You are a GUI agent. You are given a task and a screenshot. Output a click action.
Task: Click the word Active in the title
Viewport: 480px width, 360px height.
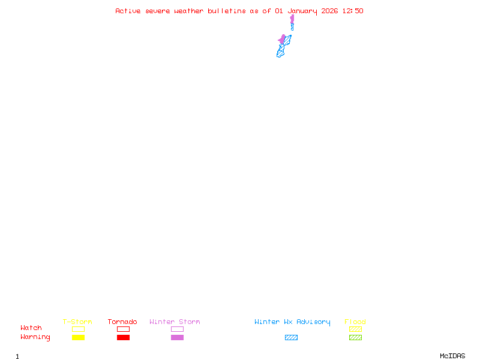[x=128, y=11]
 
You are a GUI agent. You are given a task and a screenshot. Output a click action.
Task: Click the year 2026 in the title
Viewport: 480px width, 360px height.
[x=329, y=11]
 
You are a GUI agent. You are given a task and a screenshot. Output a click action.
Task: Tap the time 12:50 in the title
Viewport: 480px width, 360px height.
[x=353, y=11]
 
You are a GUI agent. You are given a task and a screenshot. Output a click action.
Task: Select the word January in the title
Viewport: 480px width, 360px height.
[x=302, y=11]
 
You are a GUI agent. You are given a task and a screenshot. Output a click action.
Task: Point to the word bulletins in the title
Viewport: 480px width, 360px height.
[x=227, y=11]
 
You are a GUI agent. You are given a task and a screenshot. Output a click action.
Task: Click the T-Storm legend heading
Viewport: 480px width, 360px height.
[x=77, y=322]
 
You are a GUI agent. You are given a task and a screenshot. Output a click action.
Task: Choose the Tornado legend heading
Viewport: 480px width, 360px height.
[x=122, y=322]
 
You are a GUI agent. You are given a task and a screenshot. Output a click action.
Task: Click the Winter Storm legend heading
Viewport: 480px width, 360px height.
[x=175, y=322]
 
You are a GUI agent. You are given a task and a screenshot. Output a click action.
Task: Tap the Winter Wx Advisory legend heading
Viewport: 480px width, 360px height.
[x=292, y=322]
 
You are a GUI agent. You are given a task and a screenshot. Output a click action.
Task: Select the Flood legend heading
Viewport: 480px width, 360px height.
[x=355, y=322]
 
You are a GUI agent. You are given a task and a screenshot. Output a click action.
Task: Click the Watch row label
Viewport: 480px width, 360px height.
[x=31, y=328]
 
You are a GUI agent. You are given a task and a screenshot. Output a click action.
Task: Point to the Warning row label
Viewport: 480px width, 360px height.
[x=35, y=337]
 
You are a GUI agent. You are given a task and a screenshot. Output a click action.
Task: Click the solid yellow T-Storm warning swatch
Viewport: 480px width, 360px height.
[x=79, y=337]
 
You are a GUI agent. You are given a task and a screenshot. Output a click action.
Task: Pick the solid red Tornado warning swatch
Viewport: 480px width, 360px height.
[x=124, y=337]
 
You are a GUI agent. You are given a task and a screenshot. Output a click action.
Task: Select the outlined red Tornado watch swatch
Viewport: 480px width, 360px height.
[x=124, y=326]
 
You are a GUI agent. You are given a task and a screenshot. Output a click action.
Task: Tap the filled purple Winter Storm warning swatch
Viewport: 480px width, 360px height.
[x=177, y=337]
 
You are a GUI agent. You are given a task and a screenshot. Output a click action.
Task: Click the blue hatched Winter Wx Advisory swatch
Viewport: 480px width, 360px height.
[x=291, y=337]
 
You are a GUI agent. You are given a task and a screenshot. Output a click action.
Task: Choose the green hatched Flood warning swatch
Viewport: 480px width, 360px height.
[x=355, y=337]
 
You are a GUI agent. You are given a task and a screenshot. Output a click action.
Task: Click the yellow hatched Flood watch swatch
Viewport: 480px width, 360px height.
[x=355, y=329]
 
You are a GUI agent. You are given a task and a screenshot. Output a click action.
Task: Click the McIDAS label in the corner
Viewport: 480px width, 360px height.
[x=452, y=356]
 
